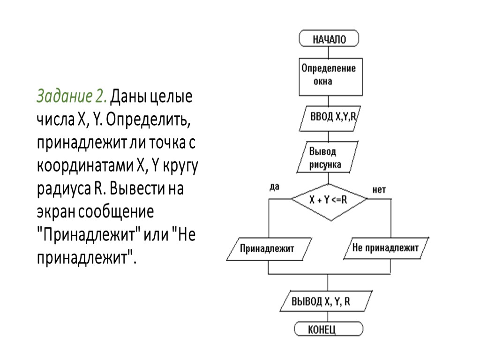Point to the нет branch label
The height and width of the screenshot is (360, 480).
[379, 190]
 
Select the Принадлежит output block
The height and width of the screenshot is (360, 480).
[267, 248]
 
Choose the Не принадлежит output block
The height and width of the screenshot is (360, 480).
[385, 248]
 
